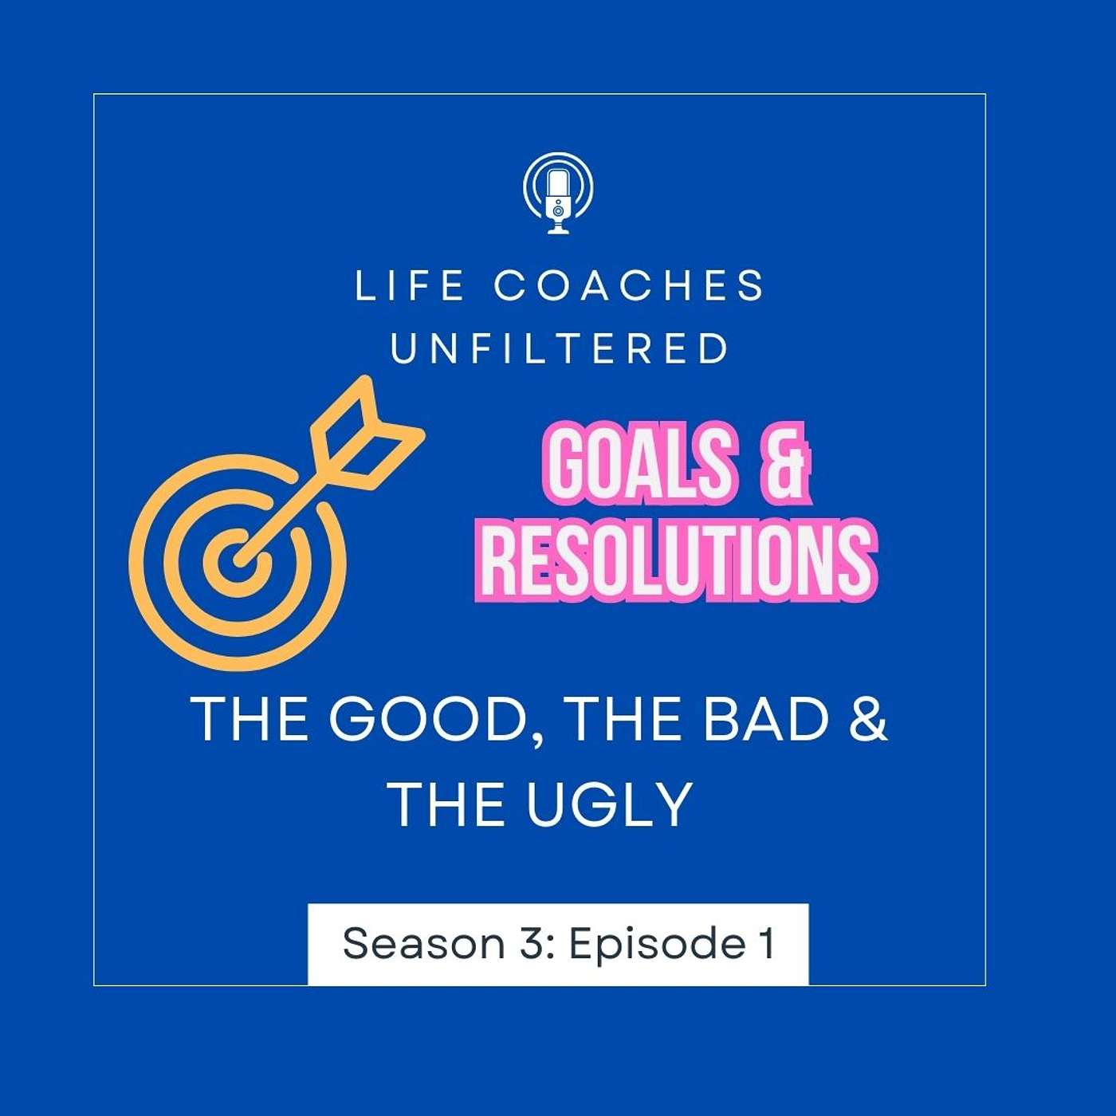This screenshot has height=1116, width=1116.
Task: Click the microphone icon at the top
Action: pos(558,194)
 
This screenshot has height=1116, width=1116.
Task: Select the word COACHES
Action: pos(629,286)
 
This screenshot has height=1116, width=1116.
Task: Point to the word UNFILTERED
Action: pos(560,349)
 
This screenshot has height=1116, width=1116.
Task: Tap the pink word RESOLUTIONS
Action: pos(677,558)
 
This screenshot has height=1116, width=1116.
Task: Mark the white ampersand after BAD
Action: pos(868,719)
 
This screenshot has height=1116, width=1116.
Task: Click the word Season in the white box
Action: pos(423,944)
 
